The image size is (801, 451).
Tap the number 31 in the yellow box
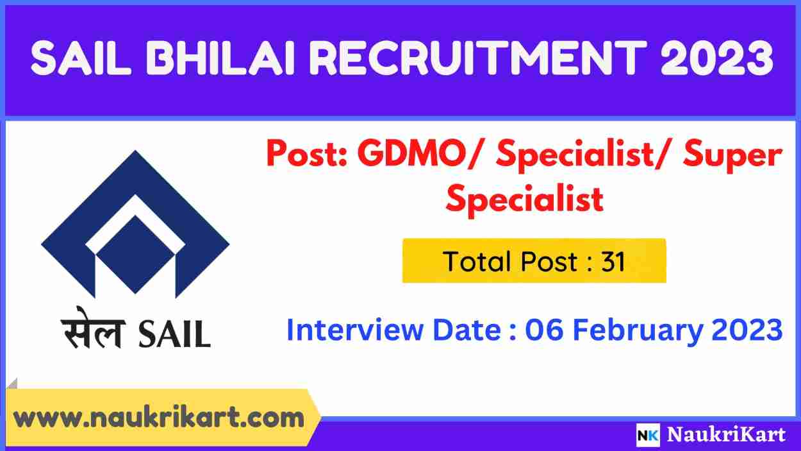pyautogui.click(x=613, y=261)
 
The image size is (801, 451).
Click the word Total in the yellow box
pyautogui.click(x=474, y=261)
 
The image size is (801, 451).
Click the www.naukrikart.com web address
pyautogui.click(x=159, y=418)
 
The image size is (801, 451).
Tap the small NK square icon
pyautogui.click(x=648, y=435)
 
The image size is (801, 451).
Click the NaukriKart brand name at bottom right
pyautogui.click(x=726, y=435)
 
